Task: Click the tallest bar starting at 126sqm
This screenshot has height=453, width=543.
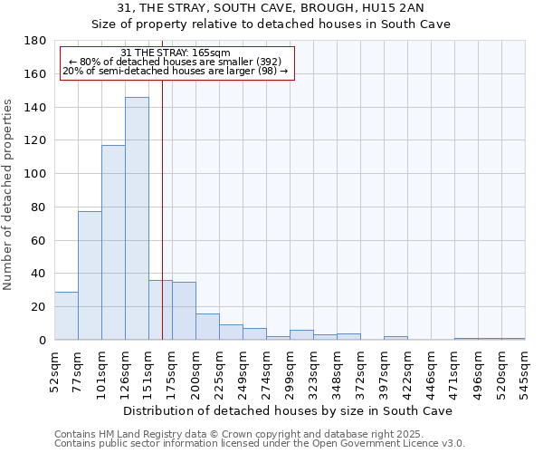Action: click(x=137, y=218)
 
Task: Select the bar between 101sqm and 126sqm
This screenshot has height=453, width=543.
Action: click(x=113, y=242)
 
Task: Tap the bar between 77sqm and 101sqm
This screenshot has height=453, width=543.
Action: click(x=90, y=275)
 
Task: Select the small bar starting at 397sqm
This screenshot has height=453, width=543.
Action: click(x=395, y=338)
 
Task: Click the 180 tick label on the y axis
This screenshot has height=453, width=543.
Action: click(x=36, y=41)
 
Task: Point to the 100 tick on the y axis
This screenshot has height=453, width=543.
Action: click(x=36, y=174)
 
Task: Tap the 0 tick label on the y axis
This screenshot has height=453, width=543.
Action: click(x=43, y=341)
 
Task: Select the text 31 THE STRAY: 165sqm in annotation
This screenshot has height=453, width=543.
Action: click(x=176, y=53)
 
